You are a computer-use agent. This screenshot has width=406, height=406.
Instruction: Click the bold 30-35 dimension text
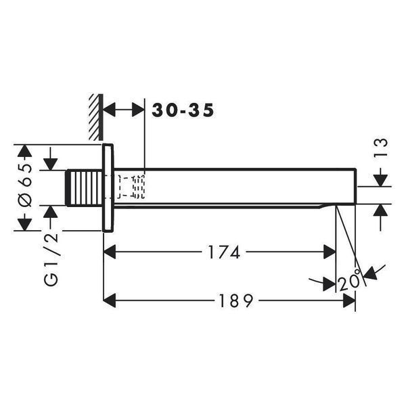(183, 110)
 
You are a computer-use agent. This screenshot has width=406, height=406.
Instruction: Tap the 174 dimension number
(224, 252)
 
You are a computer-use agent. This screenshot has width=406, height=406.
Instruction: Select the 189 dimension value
(235, 300)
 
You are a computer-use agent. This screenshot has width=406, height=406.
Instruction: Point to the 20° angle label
(349, 279)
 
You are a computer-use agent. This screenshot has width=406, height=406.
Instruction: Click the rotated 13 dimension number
(382, 147)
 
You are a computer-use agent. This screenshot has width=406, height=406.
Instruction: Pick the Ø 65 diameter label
(26, 186)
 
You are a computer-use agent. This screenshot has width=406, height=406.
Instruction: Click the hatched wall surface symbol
(96, 117)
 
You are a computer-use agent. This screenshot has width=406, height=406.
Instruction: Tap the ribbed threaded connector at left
(84, 187)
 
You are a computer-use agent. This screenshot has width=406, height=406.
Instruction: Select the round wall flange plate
(108, 187)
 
